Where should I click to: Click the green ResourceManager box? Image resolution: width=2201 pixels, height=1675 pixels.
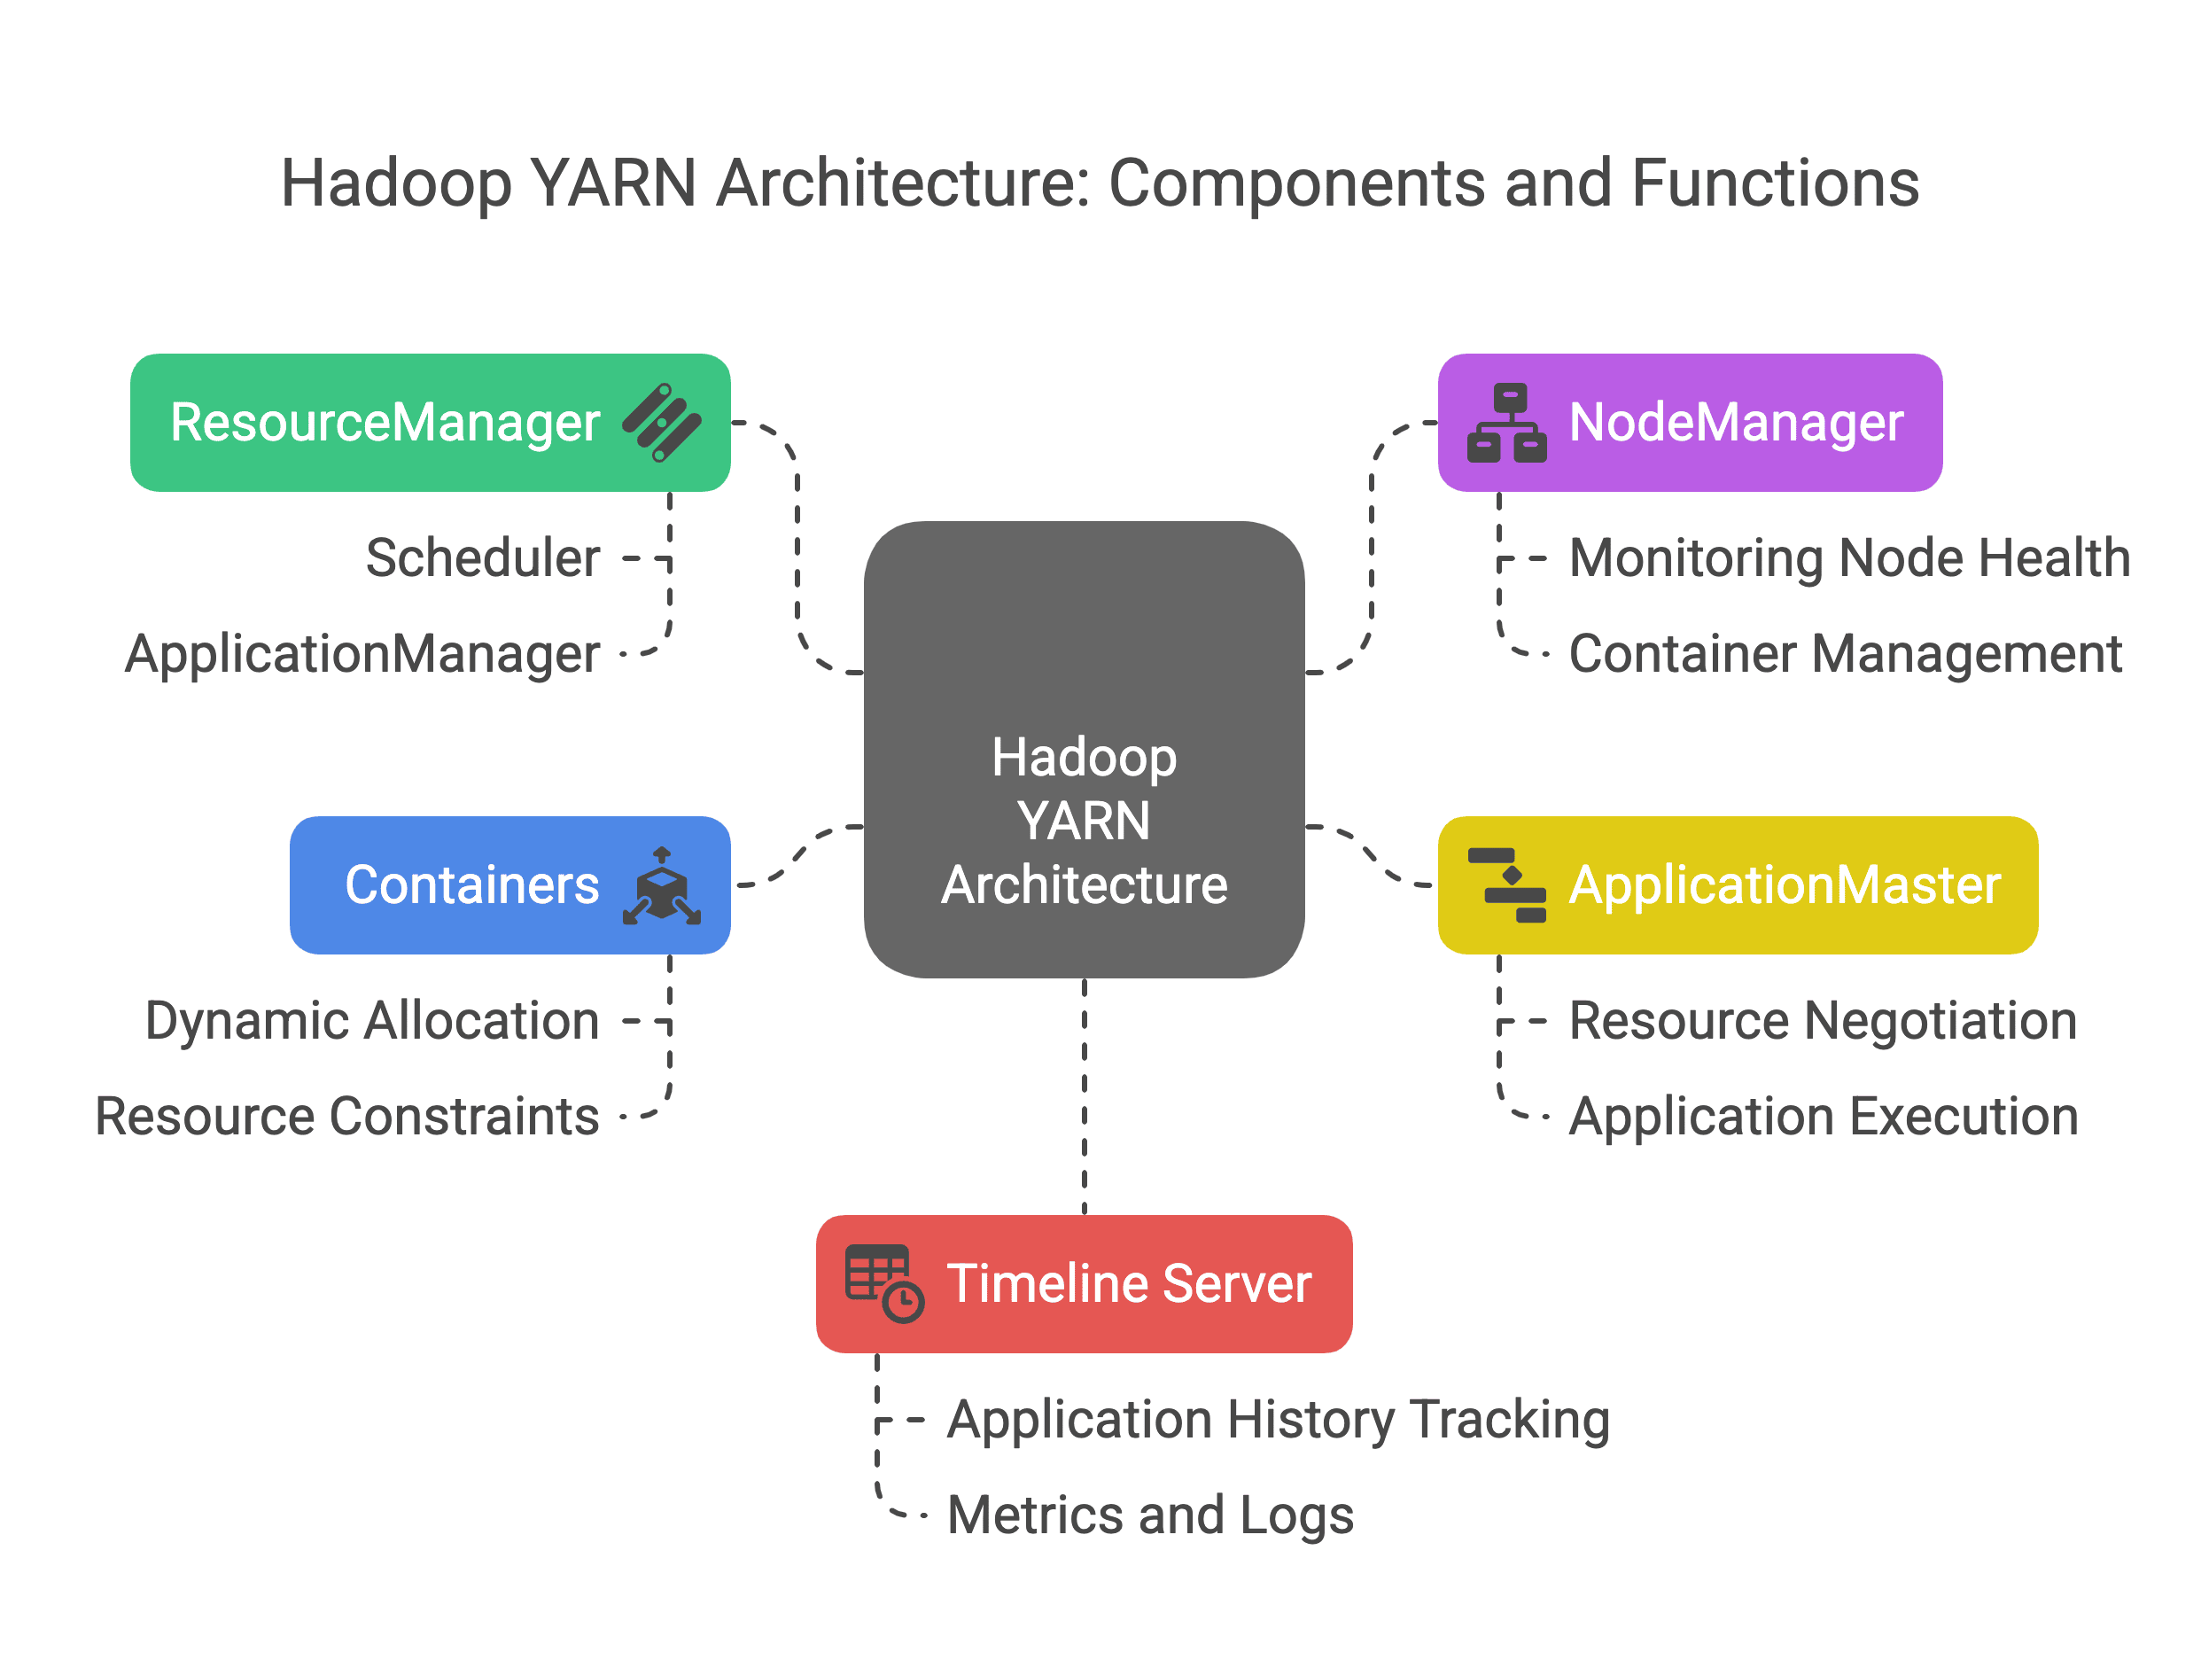[431, 423]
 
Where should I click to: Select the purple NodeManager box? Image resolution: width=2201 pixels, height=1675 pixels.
[1690, 423]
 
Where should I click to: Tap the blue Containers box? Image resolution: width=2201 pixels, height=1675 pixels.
[510, 885]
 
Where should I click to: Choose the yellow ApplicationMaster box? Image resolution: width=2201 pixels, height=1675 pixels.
[1738, 885]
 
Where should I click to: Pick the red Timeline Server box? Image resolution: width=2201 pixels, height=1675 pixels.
[1084, 1284]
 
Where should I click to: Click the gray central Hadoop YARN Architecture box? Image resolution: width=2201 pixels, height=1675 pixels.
[1084, 750]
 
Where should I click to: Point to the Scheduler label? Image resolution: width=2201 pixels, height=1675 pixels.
[484, 558]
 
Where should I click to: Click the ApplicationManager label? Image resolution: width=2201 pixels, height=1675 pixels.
[363, 655]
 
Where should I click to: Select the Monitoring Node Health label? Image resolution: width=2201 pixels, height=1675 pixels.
[1850, 558]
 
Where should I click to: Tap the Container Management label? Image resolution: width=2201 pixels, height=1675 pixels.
[1847, 655]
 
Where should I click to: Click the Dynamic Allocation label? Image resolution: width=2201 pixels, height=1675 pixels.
[373, 1022]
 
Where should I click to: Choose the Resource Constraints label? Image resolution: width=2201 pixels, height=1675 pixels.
[347, 1117]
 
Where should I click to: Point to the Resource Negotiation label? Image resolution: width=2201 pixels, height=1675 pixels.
[1824, 1022]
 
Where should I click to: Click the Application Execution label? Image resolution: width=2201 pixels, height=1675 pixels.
[1824, 1118]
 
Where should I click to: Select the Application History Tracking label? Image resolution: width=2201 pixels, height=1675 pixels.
[1279, 1421]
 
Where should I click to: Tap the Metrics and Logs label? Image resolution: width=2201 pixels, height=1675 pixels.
[1150, 1516]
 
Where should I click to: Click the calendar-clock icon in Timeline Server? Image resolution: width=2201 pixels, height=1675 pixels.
[884, 1284]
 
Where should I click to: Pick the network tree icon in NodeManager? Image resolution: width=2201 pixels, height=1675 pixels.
[1506, 423]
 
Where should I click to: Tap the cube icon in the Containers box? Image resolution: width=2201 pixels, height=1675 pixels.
[662, 885]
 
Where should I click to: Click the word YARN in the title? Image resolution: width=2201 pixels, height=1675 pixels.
[613, 184]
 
